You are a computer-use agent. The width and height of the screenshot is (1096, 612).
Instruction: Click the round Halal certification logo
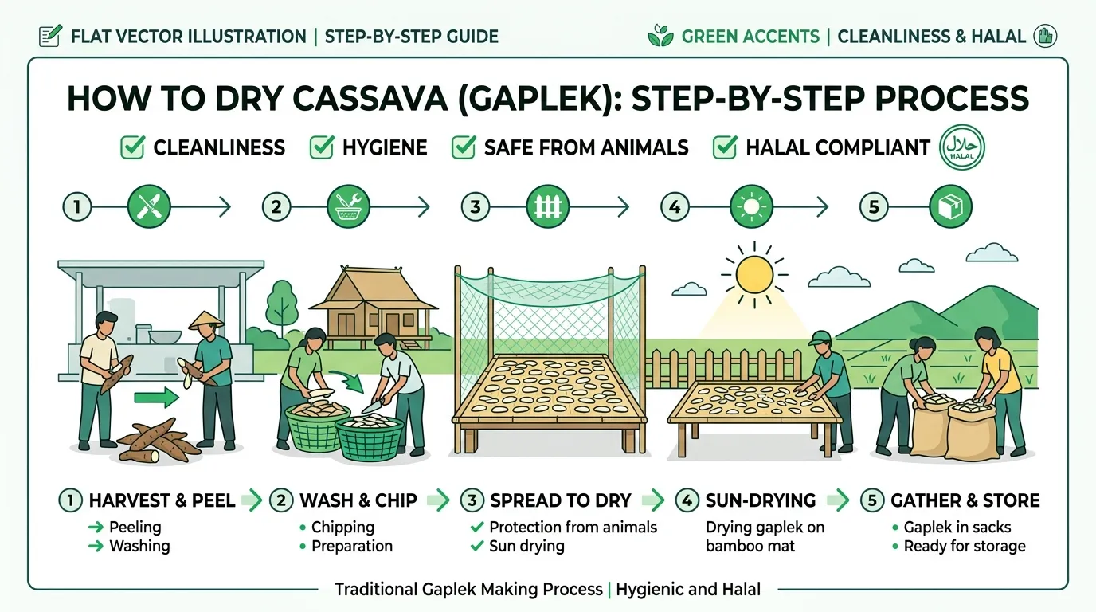pyautogui.click(x=961, y=147)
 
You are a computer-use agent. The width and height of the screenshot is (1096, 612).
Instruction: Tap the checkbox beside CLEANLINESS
pyautogui.click(x=132, y=147)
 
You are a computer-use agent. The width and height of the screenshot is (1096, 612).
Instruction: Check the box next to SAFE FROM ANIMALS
pyautogui.click(x=463, y=147)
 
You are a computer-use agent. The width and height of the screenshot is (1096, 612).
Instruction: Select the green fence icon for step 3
pyautogui.click(x=547, y=206)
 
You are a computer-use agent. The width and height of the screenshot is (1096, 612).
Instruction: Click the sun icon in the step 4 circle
pyautogui.click(x=751, y=206)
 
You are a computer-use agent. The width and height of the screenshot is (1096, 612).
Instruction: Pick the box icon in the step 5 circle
pyautogui.click(x=950, y=206)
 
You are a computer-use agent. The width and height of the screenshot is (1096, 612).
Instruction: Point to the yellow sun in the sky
pyautogui.click(x=754, y=274)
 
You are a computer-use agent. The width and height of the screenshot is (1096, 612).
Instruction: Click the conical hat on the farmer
pyautogui.click(x=206, y=320)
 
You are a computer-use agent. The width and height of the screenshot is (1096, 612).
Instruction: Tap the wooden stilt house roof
pyautogui.click(x=373, y=288)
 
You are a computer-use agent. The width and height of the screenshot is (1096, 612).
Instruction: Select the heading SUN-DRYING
pyautogui.click(x=761, y=500)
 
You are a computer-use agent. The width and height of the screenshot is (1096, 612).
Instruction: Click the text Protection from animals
pyautogui.click(x=573, y=527)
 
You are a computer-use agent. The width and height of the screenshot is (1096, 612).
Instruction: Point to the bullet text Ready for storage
pyautogui.click(x=965, y=546)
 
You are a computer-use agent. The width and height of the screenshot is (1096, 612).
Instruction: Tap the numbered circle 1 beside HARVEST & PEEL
pyautogui.click(x=70, y=500)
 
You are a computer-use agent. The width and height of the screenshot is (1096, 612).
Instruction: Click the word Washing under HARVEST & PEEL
pyautogui.click(x=139, y=546)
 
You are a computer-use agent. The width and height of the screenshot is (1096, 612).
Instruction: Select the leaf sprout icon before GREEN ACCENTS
pyautogui.click(x=660, y=36)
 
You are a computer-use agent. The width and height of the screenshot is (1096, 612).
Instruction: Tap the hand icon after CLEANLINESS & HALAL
pyautogui.click(x=1045, y=36)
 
